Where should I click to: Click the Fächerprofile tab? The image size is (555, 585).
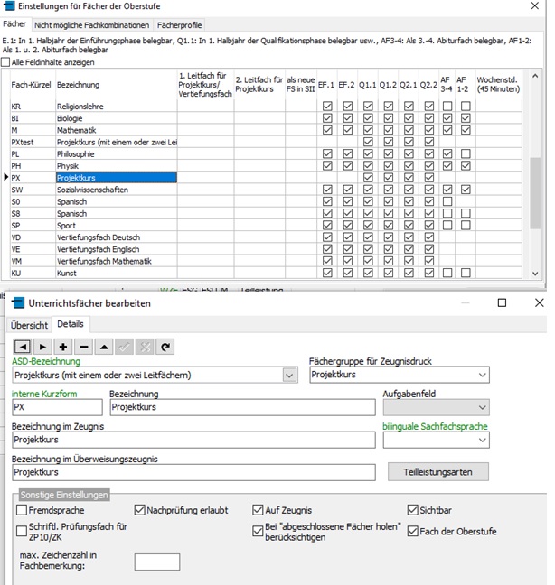pyautogui.click(x=179, y=25)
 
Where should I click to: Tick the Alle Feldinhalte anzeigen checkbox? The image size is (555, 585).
pyautogui.click(x=7, y=62)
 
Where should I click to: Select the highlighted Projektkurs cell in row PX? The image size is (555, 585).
pyautogui.click(x=116, y=178)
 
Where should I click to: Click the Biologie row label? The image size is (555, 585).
pyautogui.click(x=69, y=118)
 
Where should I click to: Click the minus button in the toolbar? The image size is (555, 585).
pyautogui.click(x=83, y=347)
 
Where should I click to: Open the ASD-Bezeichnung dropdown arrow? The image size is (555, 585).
pyautogui.click(x=289, y=375)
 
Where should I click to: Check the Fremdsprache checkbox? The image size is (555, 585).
pyautogui.click(x=22, y=510)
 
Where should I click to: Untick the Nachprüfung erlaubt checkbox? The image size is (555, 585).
pyautogui.click(x=140, y=510)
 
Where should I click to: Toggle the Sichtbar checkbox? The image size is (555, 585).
pyautogui.click(x=414, y=510)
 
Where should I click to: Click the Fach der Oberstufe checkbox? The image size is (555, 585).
pyautogui.click(x=414, y=531)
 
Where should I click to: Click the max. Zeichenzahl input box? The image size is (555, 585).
pyautogui.click(x=156, y=562)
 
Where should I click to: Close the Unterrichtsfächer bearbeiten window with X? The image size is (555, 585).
pyautogui.click(x=539, y=303)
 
